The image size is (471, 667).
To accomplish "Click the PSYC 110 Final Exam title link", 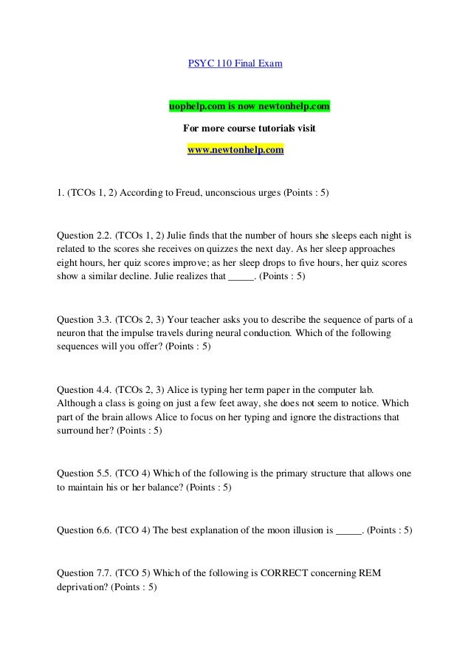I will (235, 64).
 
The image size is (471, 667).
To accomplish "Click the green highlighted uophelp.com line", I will (250, 107).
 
